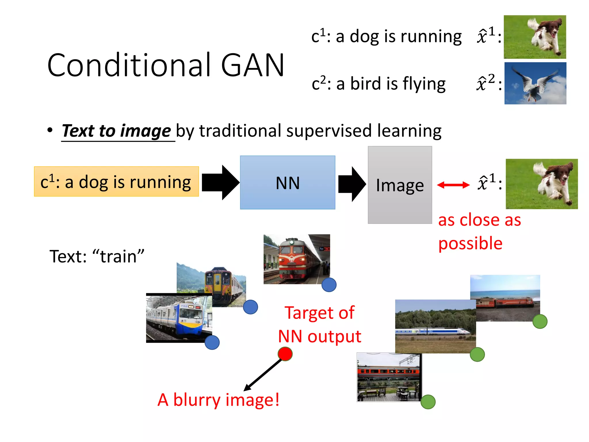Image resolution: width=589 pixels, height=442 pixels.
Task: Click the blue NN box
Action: (x=288, y=182)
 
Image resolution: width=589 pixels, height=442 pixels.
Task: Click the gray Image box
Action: (x=400, y=185)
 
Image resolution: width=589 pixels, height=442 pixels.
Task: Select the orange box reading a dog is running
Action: (x=116, y=182)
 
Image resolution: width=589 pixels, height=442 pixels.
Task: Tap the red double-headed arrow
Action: (x=453, y=185)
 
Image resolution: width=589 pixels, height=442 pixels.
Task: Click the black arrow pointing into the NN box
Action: (x=220, y=182)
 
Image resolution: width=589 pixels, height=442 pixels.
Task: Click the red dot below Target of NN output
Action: (x=285, y=354)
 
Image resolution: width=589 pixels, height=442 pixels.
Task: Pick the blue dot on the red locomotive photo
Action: (x=329, y=285)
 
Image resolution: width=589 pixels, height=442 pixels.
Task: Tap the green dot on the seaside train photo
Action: (x=540, y=321)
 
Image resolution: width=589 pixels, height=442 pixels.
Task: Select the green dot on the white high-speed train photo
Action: (x=477, y=354)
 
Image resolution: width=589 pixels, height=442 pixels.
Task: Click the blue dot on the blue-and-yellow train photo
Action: (x=212, y=342)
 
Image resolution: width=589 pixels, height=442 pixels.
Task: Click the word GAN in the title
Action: (x=253, y=66)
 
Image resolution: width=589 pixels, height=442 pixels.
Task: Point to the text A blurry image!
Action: (x=218, y=400)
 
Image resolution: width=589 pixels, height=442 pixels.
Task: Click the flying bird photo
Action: (x=535, y=83)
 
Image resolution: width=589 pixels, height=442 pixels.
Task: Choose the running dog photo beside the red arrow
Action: (x=542, y=184)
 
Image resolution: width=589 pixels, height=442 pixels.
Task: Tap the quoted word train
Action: (x=118, y=256)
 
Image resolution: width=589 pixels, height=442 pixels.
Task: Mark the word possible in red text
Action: (x=470, y=243)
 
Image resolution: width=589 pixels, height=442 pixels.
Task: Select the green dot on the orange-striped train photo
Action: (x=428, y=402)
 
